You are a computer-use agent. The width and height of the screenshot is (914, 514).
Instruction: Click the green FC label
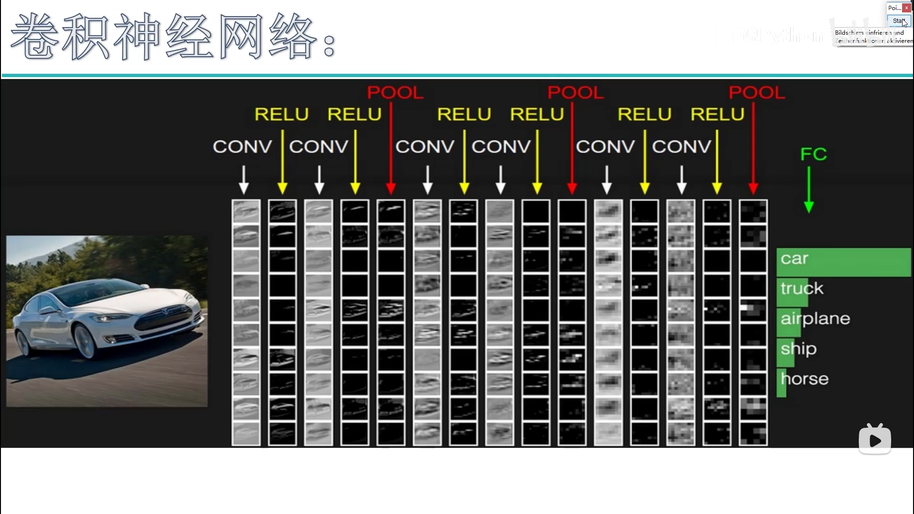click(x=814, y=154)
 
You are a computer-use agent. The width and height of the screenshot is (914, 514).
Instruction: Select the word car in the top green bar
click(x=795, y=258)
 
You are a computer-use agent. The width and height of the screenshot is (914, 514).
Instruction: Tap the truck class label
click(x=802, y=288)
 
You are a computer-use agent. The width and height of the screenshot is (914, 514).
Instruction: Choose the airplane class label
click(x=815, y=318)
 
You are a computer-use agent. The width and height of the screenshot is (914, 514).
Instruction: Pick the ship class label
click(x=799, y=349)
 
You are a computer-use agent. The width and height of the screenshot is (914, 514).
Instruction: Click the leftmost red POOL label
click(x=395, y=92)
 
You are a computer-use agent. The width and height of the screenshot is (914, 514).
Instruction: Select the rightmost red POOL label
click(x=757, y=92)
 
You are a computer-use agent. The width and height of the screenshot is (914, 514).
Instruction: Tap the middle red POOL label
click(x=576, y=92)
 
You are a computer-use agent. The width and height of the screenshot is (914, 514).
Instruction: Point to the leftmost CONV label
click(x=242, y=147)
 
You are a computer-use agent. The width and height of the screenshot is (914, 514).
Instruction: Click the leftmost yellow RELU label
click(x=282, y=114)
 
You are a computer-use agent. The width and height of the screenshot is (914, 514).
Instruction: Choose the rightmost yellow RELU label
click(x=717, y=114)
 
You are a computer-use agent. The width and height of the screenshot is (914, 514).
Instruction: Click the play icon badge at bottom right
click(x=875, y=439)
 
